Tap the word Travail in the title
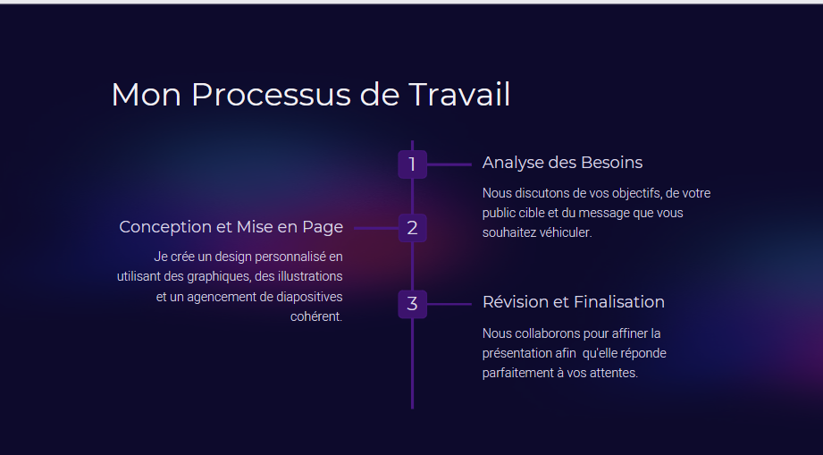pos(459,95)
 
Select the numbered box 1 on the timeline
pos(413,164)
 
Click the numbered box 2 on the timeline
pos(413,228)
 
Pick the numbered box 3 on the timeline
pos(413,304)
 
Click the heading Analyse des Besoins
pos(562,163)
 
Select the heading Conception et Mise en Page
pos(231,227)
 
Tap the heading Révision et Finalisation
pos(574,302)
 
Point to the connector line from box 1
pos(449,164)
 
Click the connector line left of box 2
pos(376,228)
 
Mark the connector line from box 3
pos(449,304)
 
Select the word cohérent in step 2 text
pos(316,316)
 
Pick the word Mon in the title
pos(146,95)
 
